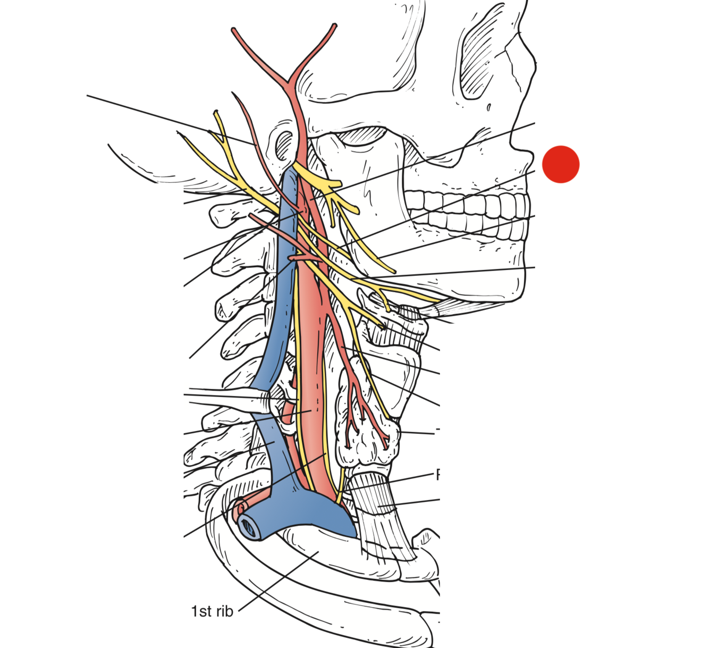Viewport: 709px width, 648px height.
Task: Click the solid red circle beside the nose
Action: (x=561, y=164)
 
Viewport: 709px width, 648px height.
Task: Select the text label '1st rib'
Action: (x=212, y=611)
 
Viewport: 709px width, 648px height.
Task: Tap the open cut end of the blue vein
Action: (x=248, y=527)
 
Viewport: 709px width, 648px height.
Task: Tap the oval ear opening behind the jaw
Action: (x=284, y=144)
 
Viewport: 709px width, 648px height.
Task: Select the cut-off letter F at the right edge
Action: (x=438, y=474)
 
